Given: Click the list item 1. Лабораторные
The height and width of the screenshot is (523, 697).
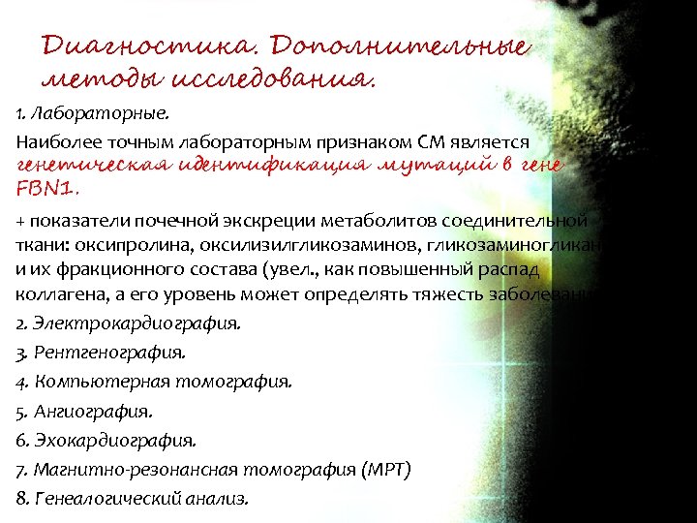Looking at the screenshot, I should pyautogui.click(x=78, y=116).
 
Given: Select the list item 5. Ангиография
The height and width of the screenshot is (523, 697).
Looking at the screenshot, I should pyautogui.click(x=84, y=411).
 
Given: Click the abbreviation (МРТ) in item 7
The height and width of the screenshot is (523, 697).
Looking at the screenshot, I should pyautogui.click(x=386, y=470).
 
